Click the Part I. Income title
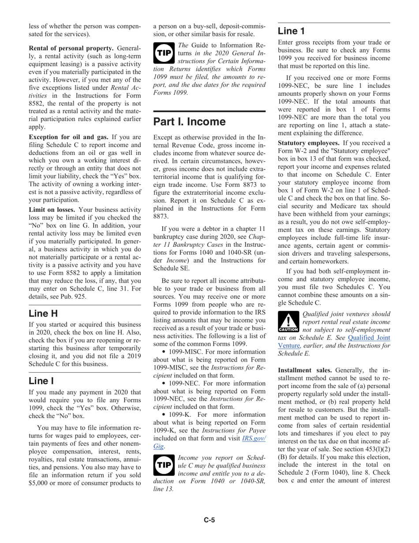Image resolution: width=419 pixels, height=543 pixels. click(189, 121)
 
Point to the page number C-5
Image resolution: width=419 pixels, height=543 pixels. click(209, 520)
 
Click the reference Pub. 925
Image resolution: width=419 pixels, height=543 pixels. click(71, 297)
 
